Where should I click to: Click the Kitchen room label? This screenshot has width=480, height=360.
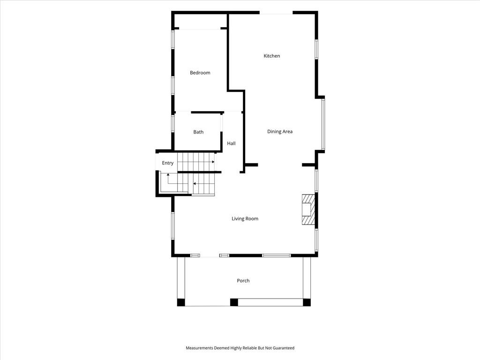(x=272, y=56)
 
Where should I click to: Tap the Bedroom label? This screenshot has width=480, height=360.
(x=200, y=73)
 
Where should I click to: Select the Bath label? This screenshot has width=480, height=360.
(x=198, y=132)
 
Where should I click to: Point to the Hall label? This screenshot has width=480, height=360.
(x=231, y=143)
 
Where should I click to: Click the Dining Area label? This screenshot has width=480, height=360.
(x=280, y=132)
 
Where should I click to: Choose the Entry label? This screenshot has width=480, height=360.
(x=168, y=163)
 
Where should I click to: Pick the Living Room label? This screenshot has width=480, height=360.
(x=245, y=218)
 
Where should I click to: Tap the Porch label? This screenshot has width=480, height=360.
(x=243, y=281)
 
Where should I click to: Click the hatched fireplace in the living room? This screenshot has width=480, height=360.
(x=308, y=210)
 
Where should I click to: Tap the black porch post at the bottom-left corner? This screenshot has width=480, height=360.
(x=181, y=302)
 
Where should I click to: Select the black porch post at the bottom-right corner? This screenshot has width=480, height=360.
(x=307, y=302)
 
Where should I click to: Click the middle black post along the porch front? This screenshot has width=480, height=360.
(x=234, y=302)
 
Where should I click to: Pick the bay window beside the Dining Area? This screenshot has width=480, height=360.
(x=323, y=124)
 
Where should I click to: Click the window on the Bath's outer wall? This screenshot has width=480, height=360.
(x=173, y=123)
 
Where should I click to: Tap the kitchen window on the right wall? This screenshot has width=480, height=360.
(x=316, y=49)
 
